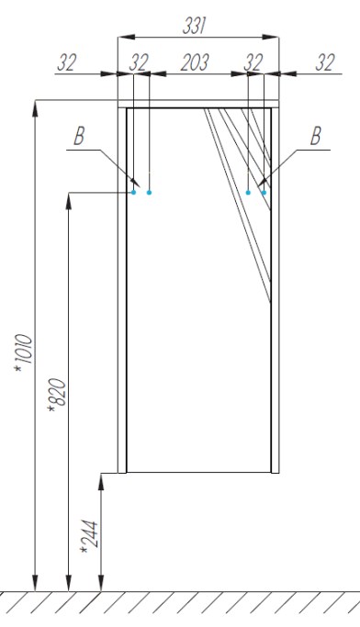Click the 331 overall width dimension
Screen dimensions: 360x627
pos(194,27)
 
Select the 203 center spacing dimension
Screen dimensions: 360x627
pos(195,62)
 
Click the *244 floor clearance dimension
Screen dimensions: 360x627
pos(89,537)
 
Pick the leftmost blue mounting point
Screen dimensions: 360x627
pos(133,193)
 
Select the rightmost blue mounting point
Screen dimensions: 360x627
pos(264,193)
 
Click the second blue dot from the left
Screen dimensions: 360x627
pos(149,193)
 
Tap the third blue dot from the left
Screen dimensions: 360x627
pos(248,193)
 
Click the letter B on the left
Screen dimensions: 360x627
pos(79,137)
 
